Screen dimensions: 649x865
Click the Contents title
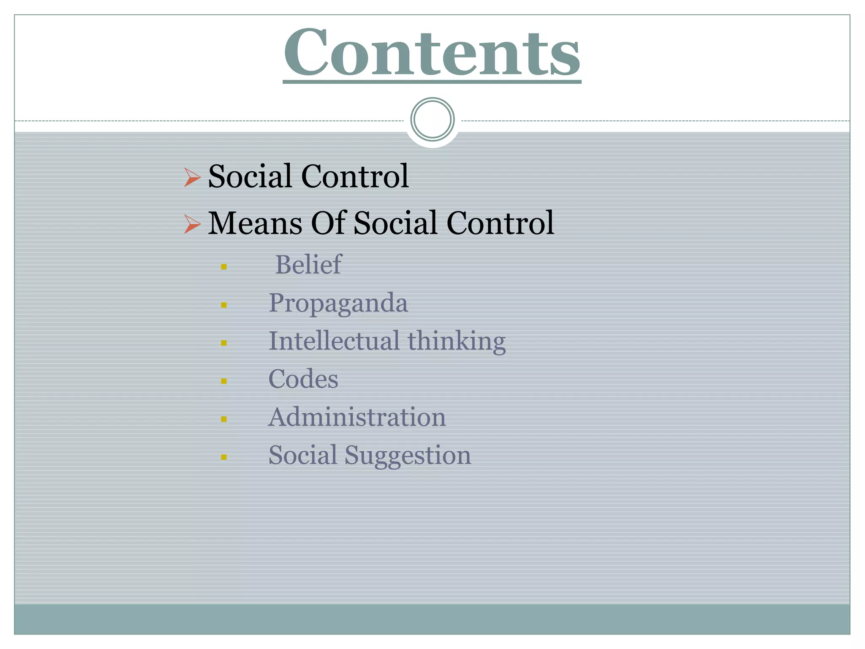coord(432,52)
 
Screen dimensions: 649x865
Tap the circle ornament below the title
coord(432,120)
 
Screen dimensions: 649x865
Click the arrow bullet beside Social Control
coord(192,177)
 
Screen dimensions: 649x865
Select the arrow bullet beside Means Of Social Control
coord(192,224)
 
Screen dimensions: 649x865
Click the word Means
coord(255,223)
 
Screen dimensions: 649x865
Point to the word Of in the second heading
coord(328,223)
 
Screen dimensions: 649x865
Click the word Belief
coord(308,265)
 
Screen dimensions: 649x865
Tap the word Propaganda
coord(338,303)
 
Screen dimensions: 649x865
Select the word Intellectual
coord(334,341)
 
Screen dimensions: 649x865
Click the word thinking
coord(457,341)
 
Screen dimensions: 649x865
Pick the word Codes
coord(303,379)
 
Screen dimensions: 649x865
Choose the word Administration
coord(357,417)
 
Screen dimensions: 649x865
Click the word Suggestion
coord(408,455)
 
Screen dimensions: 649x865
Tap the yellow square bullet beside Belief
coord(224,267)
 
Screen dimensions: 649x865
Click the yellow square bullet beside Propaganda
coord(224,305)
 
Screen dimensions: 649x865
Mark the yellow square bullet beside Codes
coord(224,381)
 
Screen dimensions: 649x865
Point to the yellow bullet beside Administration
coord(224,419)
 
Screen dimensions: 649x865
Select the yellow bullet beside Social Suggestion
coord(224,457)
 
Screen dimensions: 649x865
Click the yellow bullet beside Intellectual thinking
coord(224,343)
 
